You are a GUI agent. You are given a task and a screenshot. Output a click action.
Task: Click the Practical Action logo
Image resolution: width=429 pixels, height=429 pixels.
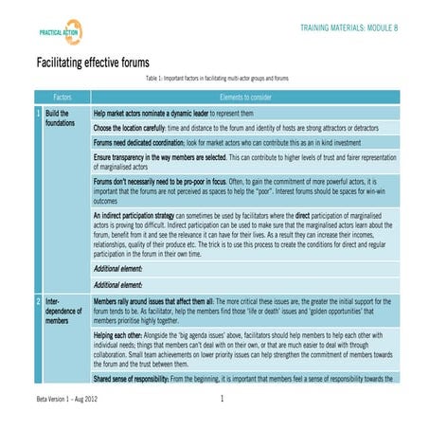tap(59, 31)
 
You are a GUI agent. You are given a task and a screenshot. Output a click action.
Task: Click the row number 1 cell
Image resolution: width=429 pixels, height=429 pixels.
tap(37, 113)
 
